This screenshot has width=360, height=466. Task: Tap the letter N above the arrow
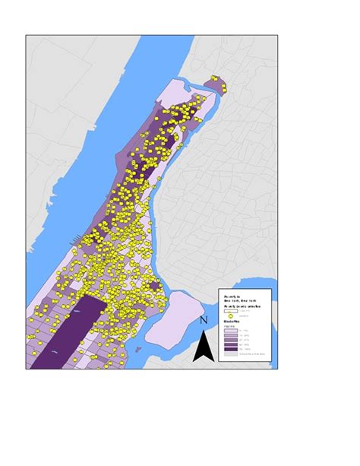coord(203,322)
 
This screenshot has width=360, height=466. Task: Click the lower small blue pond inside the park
coord(57,353)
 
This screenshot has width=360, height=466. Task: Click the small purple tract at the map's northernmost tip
coord(217,84)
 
